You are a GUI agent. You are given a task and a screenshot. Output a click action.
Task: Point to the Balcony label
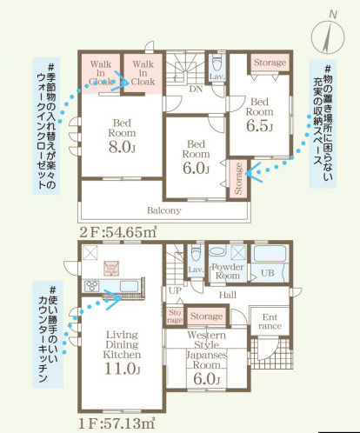163,211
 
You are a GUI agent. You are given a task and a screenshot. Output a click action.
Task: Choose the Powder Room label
227,271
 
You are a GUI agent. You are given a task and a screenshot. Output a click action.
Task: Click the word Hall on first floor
227,296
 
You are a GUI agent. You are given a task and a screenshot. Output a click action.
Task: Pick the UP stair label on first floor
175,290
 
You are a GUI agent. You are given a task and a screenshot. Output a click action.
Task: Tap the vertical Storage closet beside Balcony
238,179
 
